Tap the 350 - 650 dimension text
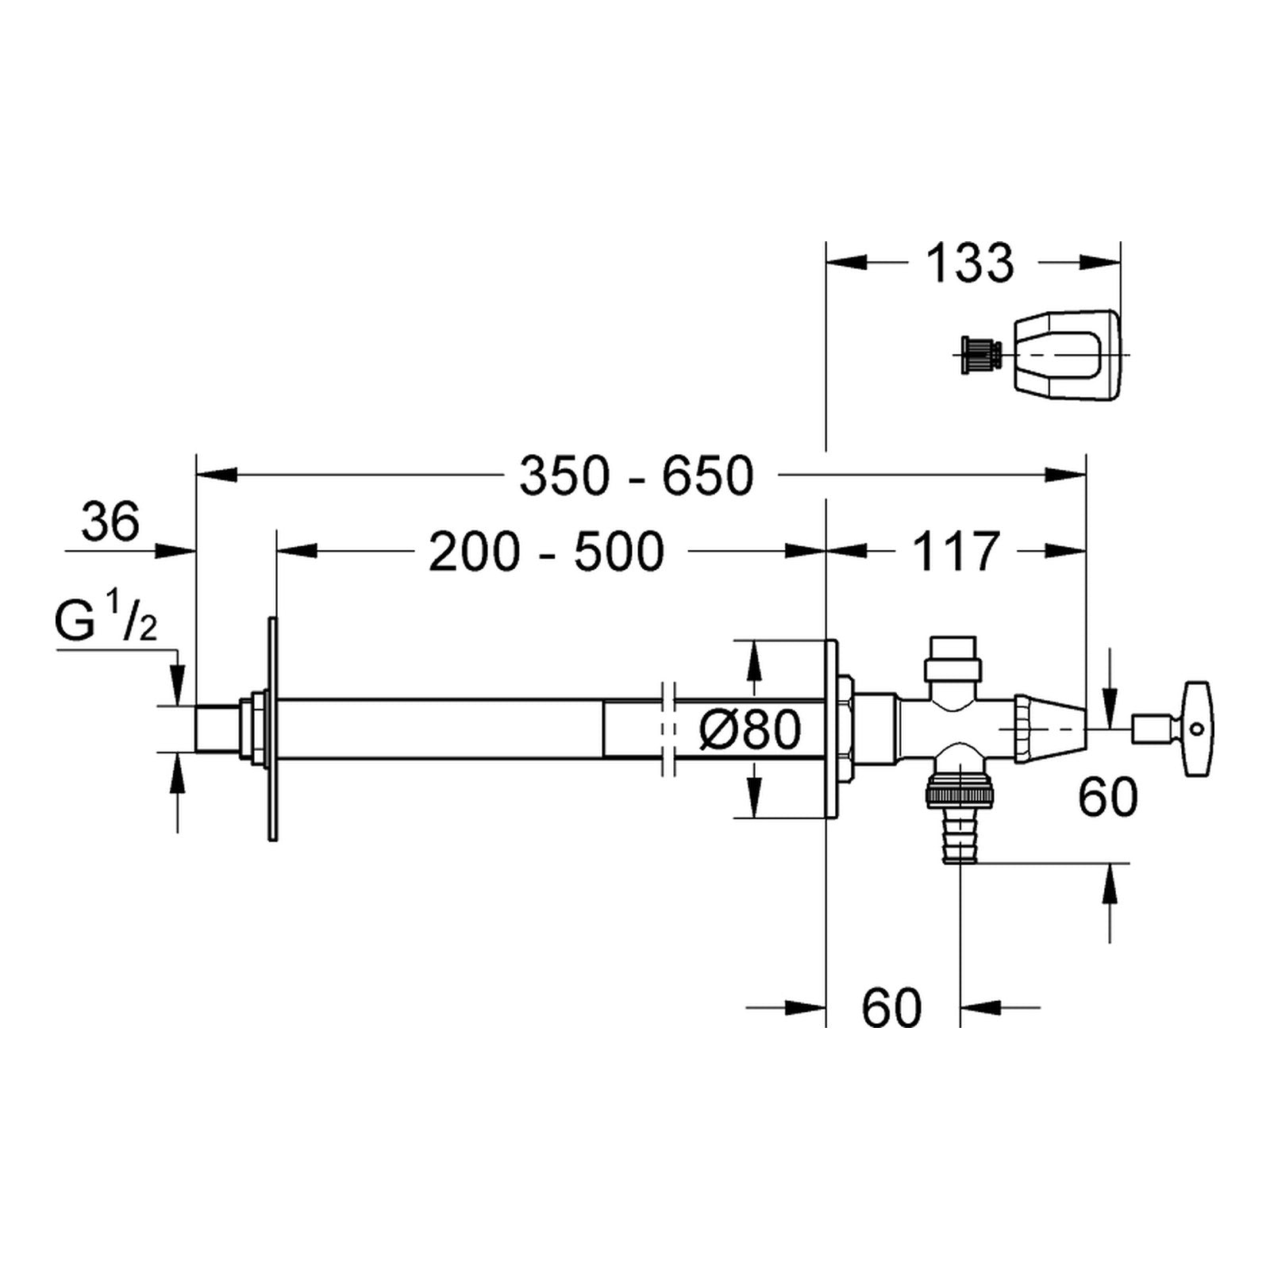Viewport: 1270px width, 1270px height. pyautogui.click(x=637, y=476)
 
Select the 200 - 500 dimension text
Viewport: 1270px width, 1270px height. pyautogui.click(x=546, y=552)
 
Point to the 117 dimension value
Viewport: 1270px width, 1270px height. pyautogui.click(x=956, y=552)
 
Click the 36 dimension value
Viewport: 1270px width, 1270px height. pyautogui.click(x=110, y=521)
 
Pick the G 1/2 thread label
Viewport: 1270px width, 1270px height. pyautogui.click(x=106, y=622)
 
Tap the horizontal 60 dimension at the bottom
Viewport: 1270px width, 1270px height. pyautogui.click(x=892, y=1008)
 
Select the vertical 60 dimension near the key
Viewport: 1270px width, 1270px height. pyautogui.click(x=1108, y=797)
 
